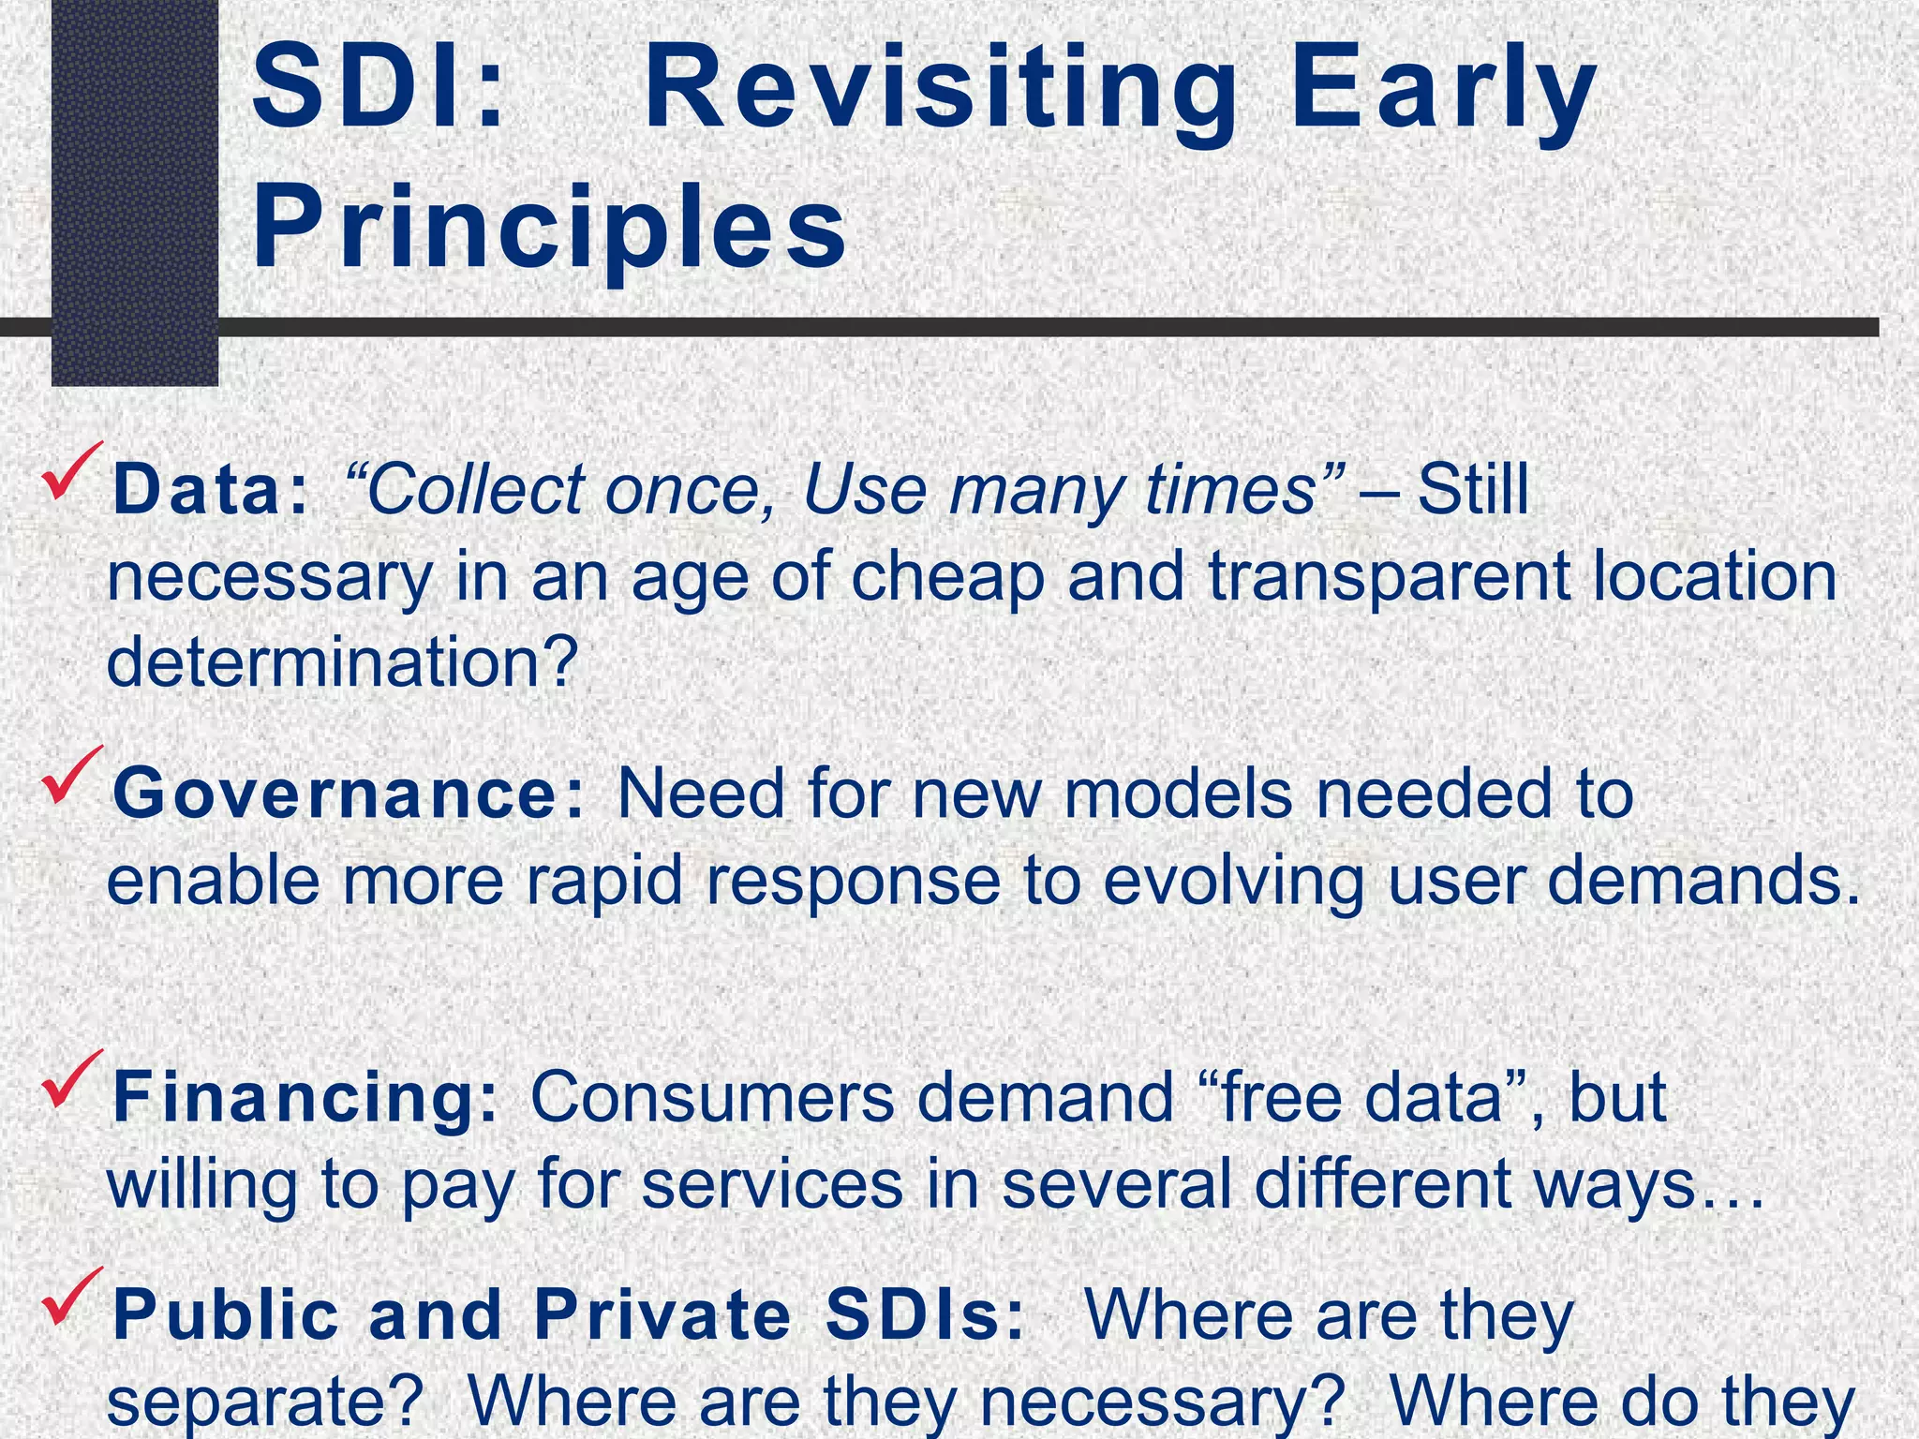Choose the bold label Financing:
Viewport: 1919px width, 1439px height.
point(305,1098)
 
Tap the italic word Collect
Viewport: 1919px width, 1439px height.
point(473,490)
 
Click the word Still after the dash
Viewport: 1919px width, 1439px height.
point(1472,490)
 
